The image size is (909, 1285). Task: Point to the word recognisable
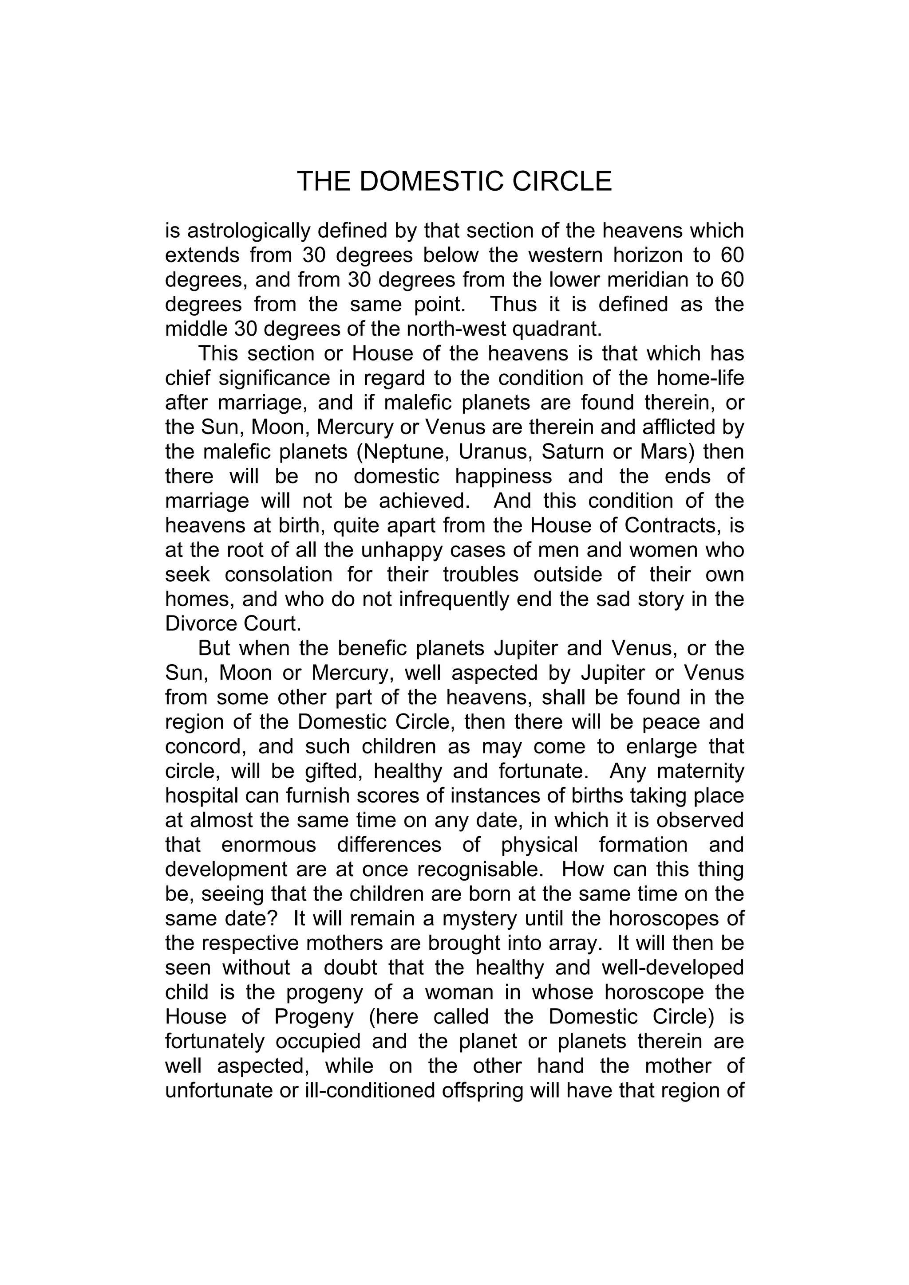tap(483, 870)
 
